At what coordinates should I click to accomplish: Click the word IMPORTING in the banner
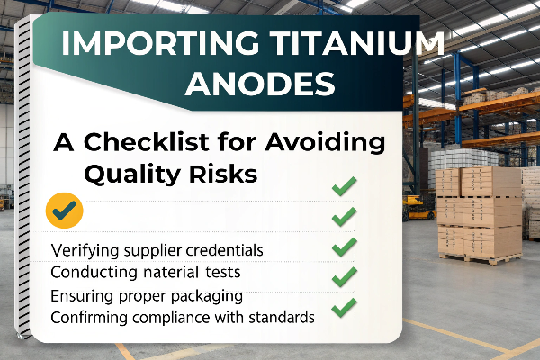[160, 43]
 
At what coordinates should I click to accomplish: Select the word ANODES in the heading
[260, 84]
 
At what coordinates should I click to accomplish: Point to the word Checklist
[147, 142]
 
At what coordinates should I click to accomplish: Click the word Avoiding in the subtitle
[325, 143]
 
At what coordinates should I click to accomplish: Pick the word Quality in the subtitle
[132, 175]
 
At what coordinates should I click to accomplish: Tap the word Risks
[223, 174]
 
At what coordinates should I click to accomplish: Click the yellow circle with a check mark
[65, 210]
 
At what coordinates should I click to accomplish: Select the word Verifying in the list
[85, 251]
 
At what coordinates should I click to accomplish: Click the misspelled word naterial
[171, 272]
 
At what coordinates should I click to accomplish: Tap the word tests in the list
[223, 273]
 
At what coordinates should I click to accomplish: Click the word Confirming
[89, 318]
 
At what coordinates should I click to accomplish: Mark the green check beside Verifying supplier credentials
[344, 247]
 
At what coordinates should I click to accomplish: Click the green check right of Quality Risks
[344, 186]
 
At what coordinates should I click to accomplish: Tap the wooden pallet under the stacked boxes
[481, 258]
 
